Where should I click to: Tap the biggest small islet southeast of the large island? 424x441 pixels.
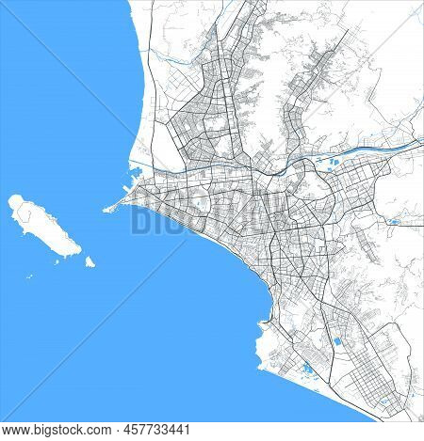(x=86, y=260)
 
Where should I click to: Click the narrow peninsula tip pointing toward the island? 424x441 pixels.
(x=105, y=209)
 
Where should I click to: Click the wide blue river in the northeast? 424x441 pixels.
(x=377, y=149)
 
